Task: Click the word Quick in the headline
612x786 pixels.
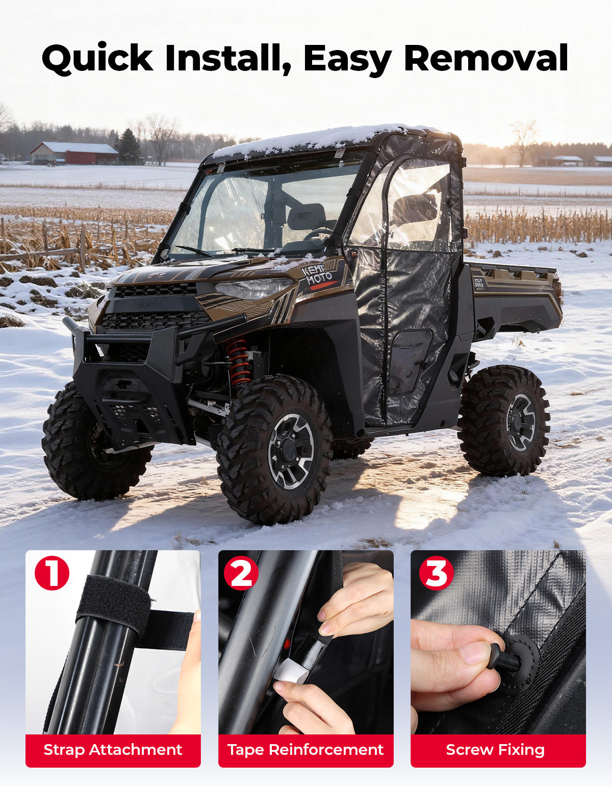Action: (97, 58)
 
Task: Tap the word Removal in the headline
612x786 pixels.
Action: (486, 58)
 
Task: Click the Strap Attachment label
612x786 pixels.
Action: (113, 750)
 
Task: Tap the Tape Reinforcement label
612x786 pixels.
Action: (305, 750)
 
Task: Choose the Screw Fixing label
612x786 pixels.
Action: (495, 750)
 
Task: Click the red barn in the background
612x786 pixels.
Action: (74, 153)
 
